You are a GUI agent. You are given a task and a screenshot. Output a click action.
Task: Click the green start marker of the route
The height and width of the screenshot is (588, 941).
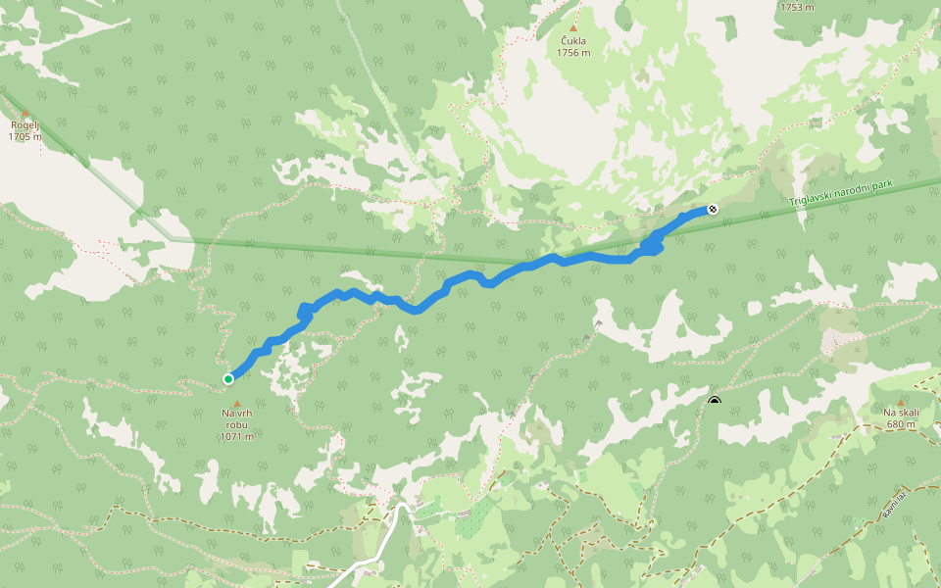click(228, 379)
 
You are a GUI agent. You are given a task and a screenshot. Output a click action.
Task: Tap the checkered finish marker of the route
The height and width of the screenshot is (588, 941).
click(713, 209)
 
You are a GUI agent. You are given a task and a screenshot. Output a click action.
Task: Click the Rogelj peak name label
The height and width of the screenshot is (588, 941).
click(25, 125)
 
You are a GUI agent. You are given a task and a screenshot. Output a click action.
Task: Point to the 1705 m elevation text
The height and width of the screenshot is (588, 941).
click(25, 137)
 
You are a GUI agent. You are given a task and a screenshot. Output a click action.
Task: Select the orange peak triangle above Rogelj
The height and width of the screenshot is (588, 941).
click(25, 113)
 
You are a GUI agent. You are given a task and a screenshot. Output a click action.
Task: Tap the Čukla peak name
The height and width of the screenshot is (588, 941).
click(573, 41)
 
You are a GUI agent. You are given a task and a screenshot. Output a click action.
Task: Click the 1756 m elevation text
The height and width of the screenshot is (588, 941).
click(573, 53)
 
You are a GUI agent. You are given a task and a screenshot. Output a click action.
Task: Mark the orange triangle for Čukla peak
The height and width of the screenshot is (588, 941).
click(573, 28)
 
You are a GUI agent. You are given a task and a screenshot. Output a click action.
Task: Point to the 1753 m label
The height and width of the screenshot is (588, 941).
click(797, 7)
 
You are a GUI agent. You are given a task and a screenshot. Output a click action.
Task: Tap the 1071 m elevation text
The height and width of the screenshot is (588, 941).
click(236, 437)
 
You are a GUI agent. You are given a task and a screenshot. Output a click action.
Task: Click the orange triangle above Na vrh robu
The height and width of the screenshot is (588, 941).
click(236, 402)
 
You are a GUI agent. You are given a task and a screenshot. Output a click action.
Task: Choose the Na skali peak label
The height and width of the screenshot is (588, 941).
click(901, 413)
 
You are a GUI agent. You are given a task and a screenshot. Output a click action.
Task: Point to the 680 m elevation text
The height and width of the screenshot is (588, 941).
click(901, 424)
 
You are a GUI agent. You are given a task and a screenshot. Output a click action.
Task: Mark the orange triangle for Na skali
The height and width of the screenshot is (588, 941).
click(901, 401)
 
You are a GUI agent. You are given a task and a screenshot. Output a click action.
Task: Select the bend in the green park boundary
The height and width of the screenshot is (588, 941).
click(173, 238)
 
